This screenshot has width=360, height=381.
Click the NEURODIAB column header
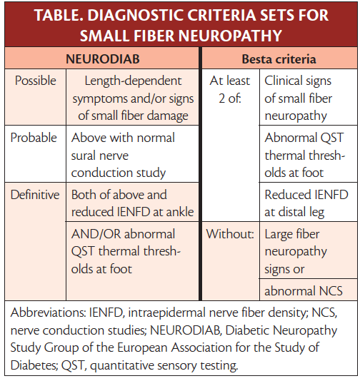tap(103, 58)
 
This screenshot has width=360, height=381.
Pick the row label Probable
tap(34, 138)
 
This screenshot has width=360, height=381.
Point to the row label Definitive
tap(36, 194)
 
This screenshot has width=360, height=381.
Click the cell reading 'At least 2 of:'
tap(229, 89)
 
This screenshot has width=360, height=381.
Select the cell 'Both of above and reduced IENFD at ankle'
tap(132, 203)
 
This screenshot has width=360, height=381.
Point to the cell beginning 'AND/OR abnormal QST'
tap(133, 251)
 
